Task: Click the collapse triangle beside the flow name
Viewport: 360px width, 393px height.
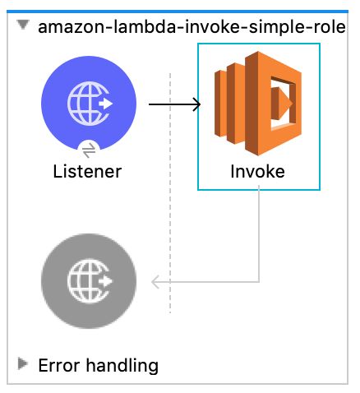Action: pyautogui.click(x=23, y=26)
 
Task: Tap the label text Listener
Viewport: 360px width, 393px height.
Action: pyautogui.click(x=87, y=172)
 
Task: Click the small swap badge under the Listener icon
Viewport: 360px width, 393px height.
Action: pyautogui.click(x=90, y=149)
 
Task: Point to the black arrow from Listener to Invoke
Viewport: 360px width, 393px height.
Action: pyautogui.click(x=173, y=104)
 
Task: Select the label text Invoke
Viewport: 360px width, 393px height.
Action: pyautogui.click(x=258, y=172)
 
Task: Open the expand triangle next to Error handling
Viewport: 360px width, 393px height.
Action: pyautogui.click(x=23, y=363)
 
